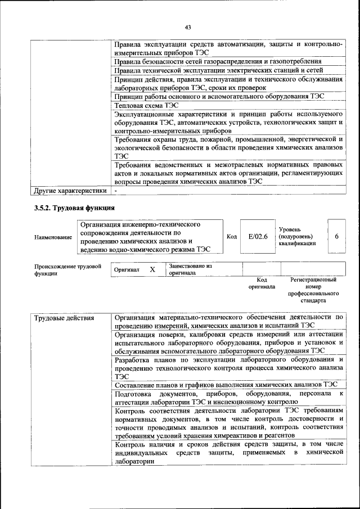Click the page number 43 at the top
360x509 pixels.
187,27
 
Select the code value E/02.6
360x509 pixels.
258,237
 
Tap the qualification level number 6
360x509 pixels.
336,237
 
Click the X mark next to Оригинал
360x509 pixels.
152,269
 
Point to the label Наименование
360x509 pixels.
53,237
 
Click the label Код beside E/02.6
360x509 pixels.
231,237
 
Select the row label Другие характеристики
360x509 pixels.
70,191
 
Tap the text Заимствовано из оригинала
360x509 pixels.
190,269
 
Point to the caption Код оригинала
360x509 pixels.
262,283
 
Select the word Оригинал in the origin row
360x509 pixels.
127,270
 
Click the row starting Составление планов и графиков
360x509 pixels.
225,385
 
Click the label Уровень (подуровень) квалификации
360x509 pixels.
297,237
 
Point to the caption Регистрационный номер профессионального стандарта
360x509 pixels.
313,290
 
